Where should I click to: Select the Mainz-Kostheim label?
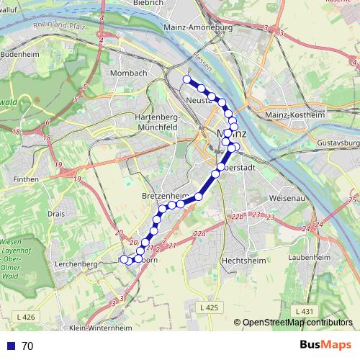[x=295, y=114]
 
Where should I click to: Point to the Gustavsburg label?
[x=338, y=143]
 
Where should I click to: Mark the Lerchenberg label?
[x=76, y=264]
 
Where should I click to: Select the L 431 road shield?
[x=305, y=310]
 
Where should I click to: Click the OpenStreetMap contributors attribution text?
[x=298, y=323]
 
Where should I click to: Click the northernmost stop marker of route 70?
[x=187, y=79]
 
